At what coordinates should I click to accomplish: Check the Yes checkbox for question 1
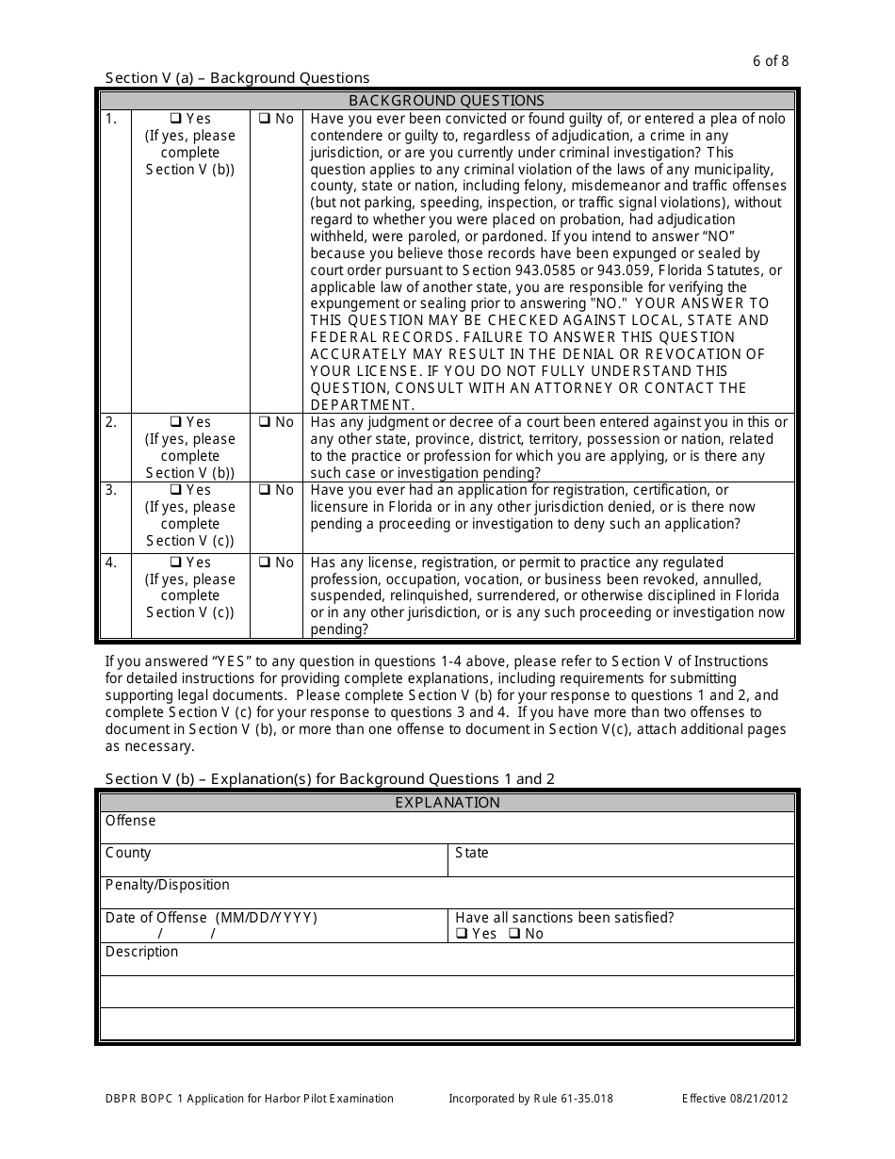click(x=175, y=119)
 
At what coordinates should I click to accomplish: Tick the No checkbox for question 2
click(x=265, y=422)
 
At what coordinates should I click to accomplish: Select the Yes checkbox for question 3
click(x=175, y=490)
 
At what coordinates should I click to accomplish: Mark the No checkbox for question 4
click(x=265, y=563)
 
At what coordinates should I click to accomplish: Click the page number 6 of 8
click(x=771, y=61)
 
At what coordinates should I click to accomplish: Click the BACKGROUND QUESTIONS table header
click(x=447, y=100)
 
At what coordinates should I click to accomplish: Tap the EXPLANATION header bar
click(x=447, y=803)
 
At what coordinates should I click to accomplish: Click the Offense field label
click(x=130, y=821)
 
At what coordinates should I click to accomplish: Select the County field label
click(x=128, y=853)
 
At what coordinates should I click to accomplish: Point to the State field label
click(x=471, y=853)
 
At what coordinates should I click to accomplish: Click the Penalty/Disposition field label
click(x=167, y=885)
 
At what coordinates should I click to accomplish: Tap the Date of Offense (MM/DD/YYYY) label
click(x=211, y=918)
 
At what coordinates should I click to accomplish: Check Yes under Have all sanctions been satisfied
click(x=462, y=934)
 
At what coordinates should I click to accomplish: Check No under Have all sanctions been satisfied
click(x=514, y=934)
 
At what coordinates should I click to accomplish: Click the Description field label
click(x=141, y=952)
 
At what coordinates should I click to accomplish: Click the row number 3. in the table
click(x=111, y=490)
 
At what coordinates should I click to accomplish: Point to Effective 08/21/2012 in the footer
click(x=735, y=1099)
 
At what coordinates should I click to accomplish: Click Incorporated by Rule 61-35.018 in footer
click(x=530, y=1099)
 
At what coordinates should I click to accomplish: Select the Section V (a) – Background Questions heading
click(x=237, y=78)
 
